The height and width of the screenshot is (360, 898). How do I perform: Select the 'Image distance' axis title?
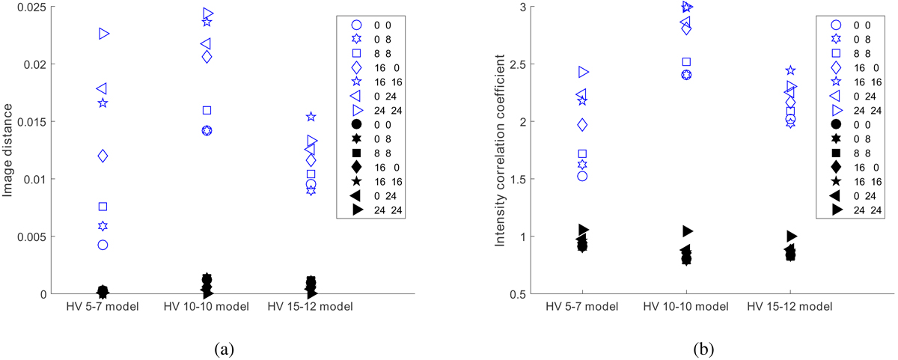tap(9, 150)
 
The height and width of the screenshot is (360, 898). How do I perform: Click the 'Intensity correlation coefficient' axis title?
tap(498, 150)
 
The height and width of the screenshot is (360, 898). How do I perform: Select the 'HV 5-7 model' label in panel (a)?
tap(103, 307)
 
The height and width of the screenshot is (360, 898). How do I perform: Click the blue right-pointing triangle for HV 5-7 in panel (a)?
tap(104, 34)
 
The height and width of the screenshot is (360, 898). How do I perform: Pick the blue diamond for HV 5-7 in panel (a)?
tap(103, 156)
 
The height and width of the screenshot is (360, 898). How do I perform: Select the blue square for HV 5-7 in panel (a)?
tap(103, 207)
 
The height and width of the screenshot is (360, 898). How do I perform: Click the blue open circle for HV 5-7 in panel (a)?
tap(103, 245)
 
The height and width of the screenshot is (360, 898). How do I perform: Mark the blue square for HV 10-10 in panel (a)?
tap(207, 111)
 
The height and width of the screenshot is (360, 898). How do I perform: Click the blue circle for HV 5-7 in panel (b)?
tap(581, 176)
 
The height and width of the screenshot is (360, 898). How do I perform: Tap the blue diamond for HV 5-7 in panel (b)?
tap(581, 124)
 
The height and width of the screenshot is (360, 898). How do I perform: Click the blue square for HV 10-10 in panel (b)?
tap(686, 62)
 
